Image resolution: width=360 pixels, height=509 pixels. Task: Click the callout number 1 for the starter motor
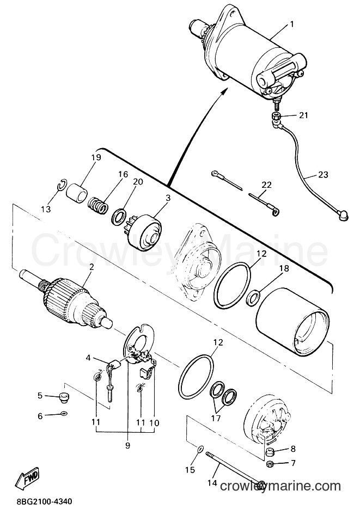coord(291,24)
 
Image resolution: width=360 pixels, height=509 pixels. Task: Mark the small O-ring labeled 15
coord(200,450)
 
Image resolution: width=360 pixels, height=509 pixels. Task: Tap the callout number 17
coord(216,418)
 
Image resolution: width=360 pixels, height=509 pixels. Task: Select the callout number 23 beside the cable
coord(323,175)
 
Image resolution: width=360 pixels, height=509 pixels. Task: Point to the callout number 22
coord(266,185)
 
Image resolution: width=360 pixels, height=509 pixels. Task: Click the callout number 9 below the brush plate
coord(127,446)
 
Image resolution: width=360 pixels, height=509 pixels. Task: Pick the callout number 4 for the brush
coord(88,358)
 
